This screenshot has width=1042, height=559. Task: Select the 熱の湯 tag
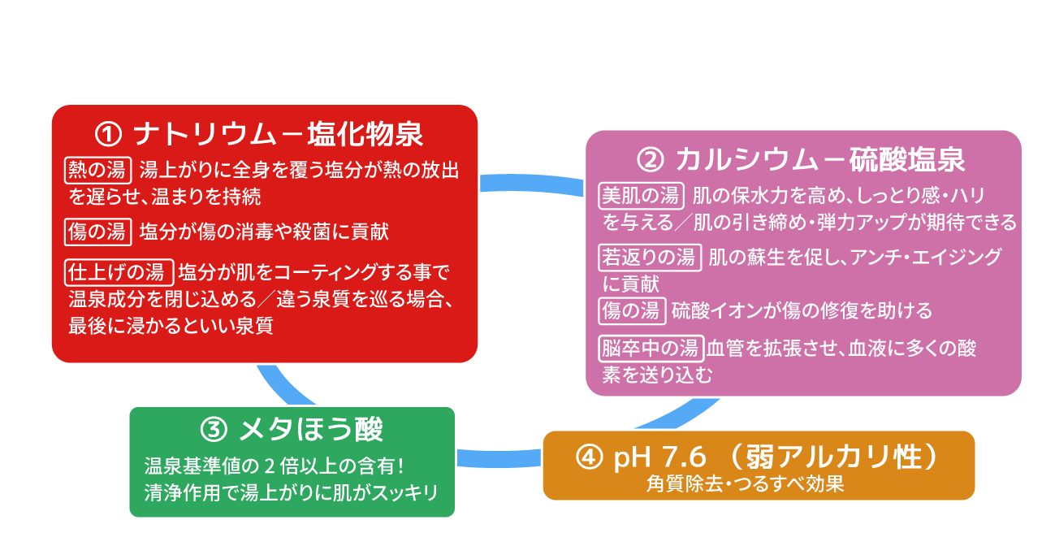pyautogui.click(x=97, y=171)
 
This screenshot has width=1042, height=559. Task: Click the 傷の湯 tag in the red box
pyautogui.click(x=97, y=232)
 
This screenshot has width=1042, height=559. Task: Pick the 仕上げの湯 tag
pyautogui.click(x=119, y=271)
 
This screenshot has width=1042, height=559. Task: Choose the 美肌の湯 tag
pyautogui.click(x=640, y=196)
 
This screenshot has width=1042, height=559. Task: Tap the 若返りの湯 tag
pyautogui.click(x=649, y=258)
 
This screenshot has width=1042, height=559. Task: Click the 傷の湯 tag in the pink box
pyautogui.click(x=633, y=310)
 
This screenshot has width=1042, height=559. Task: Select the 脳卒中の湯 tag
pyautogui.click(x=650, y=349)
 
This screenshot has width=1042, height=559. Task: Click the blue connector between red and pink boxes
pyautogui.click(x=532, y=182)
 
